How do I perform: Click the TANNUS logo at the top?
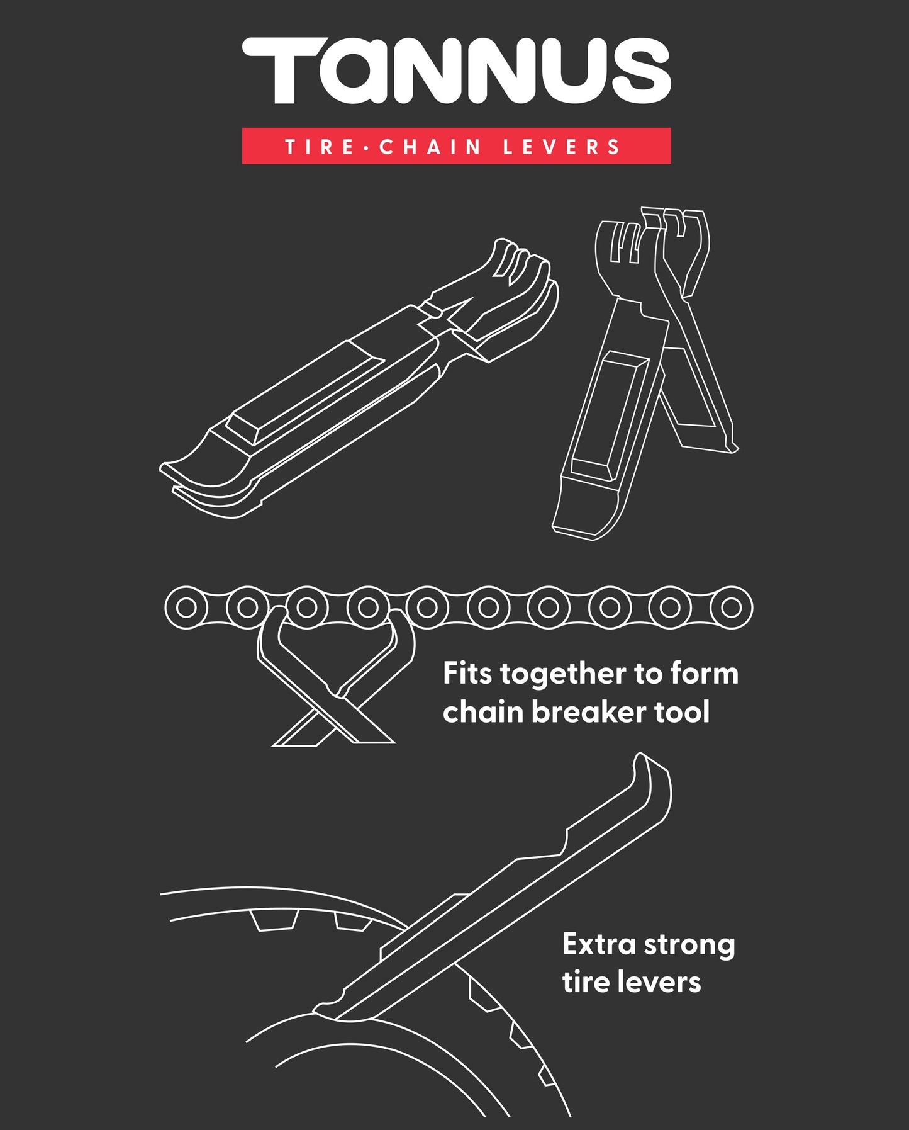(x=456, y=71)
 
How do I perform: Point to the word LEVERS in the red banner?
(x=562, y=147)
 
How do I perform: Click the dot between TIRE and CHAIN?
(x=367, y=148)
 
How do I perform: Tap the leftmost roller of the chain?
(x=186, y=607)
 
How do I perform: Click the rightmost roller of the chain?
(x=731, y=607)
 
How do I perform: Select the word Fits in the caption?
(x=467, y=674)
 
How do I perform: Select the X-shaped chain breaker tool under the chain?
(x=333, y=686)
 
